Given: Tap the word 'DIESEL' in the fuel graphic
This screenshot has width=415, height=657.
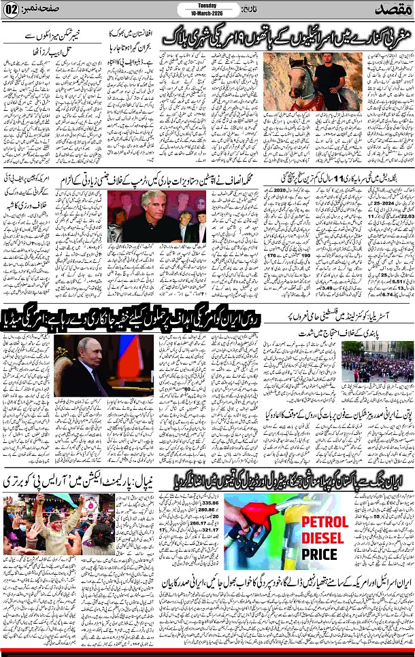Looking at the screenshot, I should (x=321, y=538).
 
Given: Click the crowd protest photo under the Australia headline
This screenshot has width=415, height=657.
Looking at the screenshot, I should (x=377, y=361).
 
